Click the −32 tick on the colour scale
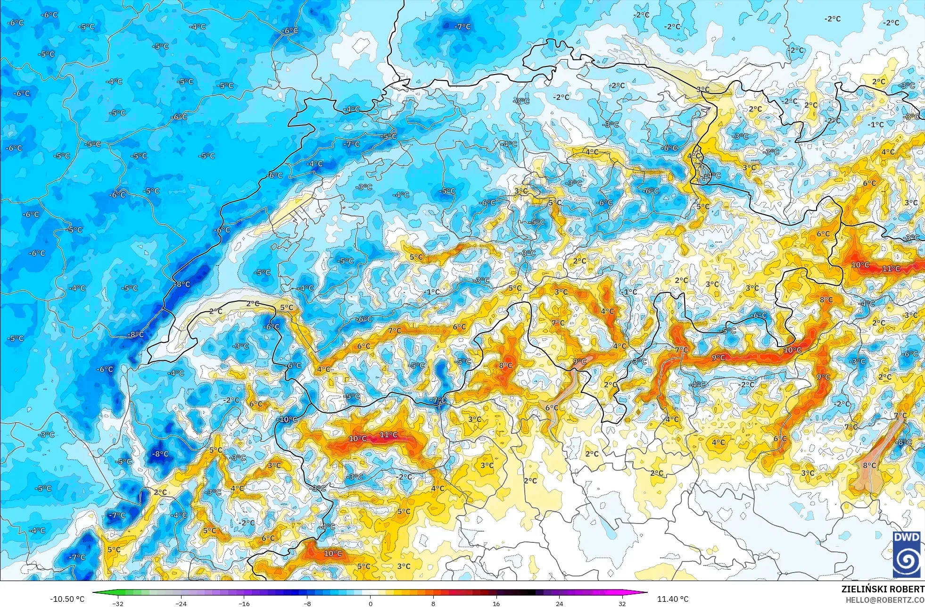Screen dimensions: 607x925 point(118,603)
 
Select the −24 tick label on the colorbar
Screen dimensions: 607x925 point(181,603)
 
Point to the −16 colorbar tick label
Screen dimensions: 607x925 point(244,603)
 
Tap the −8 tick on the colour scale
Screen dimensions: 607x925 point(307,603)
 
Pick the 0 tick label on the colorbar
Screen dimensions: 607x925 point(370,603)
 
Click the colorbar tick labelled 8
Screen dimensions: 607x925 point(433,603)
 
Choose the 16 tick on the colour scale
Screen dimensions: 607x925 point(496,603)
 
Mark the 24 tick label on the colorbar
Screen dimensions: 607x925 point(559,603)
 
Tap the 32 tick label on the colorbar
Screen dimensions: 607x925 point(622,603)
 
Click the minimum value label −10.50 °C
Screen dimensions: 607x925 point(67,599)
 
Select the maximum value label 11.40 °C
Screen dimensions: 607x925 point(673,599)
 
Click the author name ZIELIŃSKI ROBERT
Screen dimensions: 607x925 point(883,589)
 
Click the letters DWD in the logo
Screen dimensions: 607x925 point(906,537)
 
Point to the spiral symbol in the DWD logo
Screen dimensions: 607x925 point(906,560)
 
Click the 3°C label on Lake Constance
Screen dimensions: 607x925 point(702,89)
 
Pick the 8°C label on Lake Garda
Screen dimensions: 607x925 point(869,465)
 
